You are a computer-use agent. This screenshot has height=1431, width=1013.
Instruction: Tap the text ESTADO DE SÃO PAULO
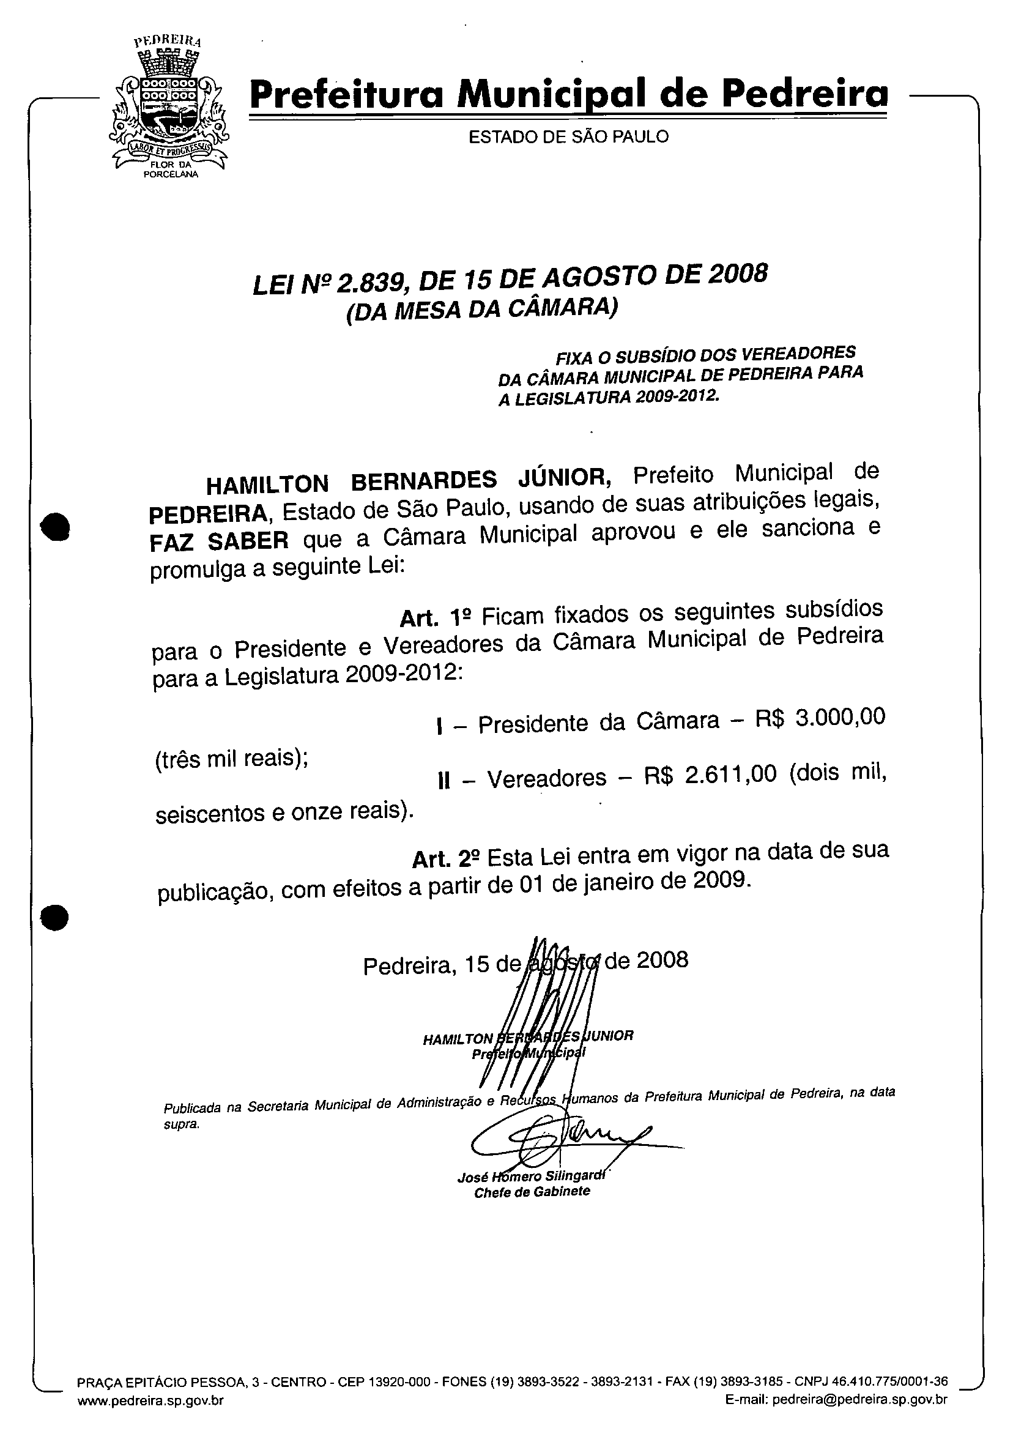point(568,136)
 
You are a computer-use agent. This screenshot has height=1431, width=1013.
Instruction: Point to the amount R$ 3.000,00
point(820,719)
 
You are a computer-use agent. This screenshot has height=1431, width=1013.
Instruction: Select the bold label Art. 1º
point(434,617)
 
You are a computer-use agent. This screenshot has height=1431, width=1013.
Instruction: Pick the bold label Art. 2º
point(447,859)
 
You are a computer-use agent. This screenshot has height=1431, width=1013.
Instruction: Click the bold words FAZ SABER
point(219,541)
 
